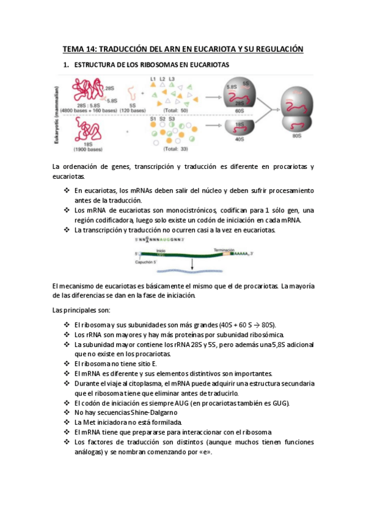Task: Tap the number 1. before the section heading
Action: point(67,64)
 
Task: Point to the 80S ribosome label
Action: point(296,136)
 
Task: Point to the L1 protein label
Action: point(153,79)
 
